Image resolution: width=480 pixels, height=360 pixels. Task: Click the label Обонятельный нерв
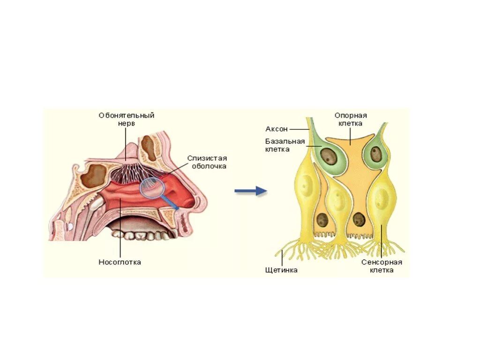click(x=126, y=119)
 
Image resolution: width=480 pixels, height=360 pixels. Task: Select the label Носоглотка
click(x=120, y=262)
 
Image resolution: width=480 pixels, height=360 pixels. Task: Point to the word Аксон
click(x=276, y=128)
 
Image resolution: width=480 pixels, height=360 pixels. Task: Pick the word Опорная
click(x=350, y=115)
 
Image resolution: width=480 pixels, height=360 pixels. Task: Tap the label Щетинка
click(x=281, y=270)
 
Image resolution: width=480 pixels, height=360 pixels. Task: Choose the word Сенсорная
click(x=382, y=262)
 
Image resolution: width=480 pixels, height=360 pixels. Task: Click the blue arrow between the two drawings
click(x=250, y=191)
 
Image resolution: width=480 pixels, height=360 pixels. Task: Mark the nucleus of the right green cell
click(x=376, y=154)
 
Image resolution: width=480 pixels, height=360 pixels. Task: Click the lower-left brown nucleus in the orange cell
click(x=322, y=219)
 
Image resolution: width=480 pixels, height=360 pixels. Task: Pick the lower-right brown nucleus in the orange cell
click(x=359, y=219)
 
